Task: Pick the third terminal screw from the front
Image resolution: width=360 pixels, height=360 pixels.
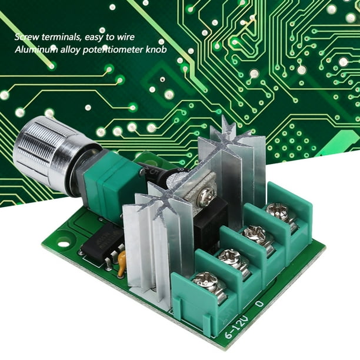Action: (255, 234)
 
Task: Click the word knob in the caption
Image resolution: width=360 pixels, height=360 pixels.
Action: (156, 50)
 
